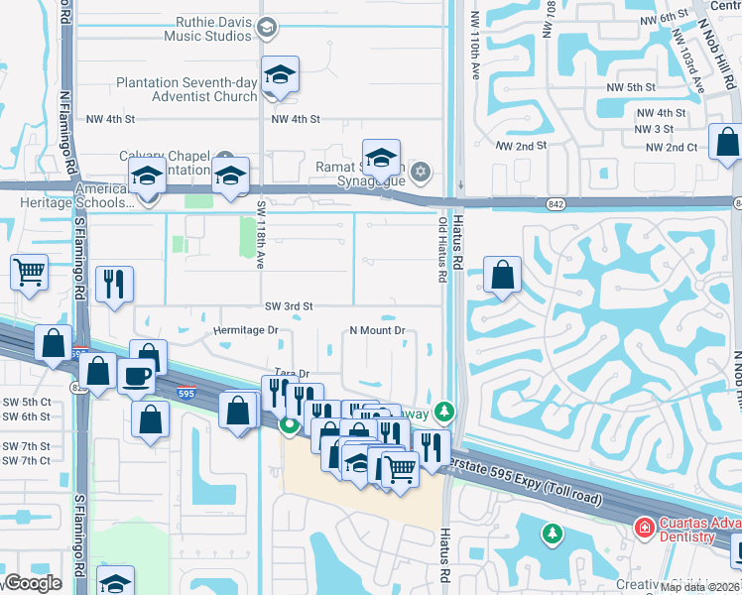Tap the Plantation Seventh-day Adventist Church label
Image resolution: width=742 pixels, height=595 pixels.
186,89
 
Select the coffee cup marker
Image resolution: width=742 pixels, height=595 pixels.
136,376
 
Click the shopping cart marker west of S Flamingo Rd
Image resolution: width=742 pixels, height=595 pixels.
30,271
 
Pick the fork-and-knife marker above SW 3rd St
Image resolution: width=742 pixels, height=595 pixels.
114,285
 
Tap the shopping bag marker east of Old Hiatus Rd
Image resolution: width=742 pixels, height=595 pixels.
503,276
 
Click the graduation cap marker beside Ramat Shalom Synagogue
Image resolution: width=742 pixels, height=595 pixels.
381,157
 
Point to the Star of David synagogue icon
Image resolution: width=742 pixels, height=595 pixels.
420,174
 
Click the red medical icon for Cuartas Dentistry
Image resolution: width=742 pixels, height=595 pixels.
644,527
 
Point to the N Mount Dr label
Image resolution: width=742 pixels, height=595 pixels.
377,330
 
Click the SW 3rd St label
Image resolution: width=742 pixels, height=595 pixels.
288,306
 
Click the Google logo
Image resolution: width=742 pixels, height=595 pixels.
33,584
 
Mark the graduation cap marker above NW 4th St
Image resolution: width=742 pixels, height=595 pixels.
281,75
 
